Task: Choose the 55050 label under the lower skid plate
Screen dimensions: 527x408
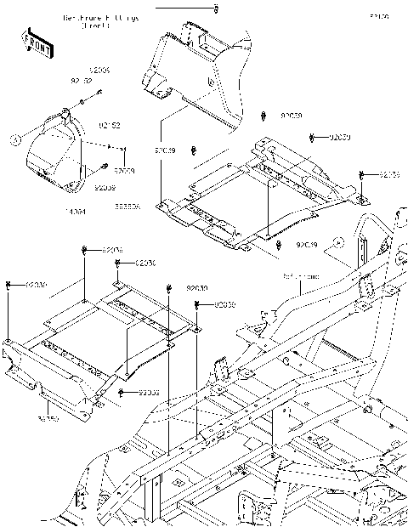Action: coord(48,419)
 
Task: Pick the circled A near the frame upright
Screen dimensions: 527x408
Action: coord(338,242)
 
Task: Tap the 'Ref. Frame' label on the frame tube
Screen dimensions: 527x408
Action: coord(301,277)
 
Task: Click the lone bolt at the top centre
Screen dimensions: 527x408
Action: coord(216,9)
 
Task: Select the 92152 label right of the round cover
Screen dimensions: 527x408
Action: coord(110,125)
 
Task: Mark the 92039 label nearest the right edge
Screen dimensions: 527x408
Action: coord(389,174)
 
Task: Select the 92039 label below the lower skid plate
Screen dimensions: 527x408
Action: coord(149,392)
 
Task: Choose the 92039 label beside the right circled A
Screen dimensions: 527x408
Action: coord(306,245)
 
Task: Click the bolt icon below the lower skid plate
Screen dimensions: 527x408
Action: coord(123,392)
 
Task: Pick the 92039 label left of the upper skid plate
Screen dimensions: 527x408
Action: coord(164,150)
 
